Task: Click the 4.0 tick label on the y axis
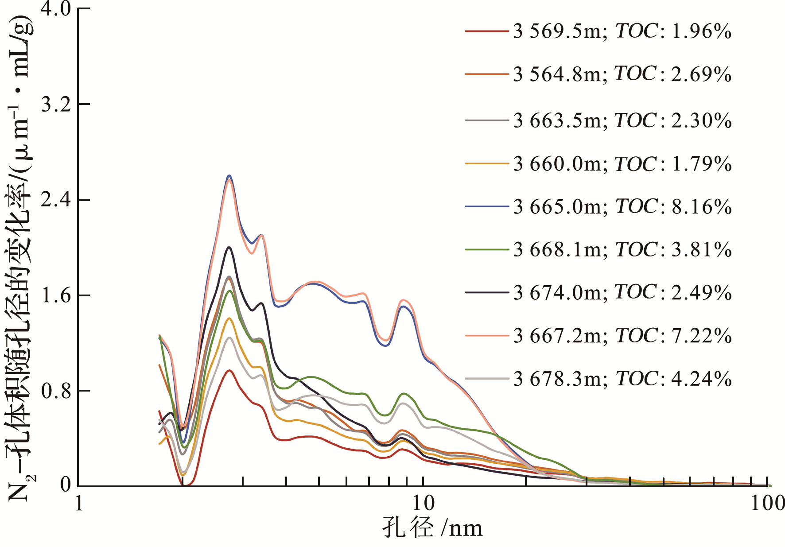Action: click(x=55, y=9)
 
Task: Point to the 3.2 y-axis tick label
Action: click(x=55, y=105)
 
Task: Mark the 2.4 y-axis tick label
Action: click(x=55, y=200)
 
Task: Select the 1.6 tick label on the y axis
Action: click(x=55, y=295)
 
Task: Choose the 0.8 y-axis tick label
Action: click(x=55, y=391)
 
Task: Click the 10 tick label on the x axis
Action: click(x=424, y=503)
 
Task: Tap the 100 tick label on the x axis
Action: click(x=767, y=503)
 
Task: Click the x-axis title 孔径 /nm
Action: click(x=432, y=528)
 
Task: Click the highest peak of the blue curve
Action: click(x=229, y=176)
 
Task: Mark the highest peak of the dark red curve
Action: click(x=229, y=370)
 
